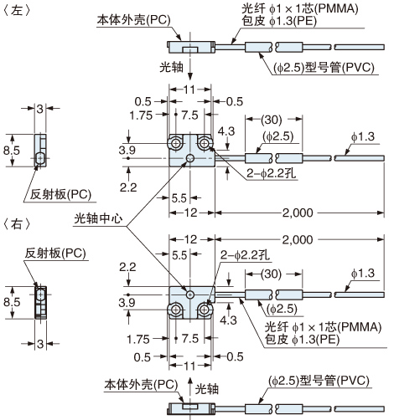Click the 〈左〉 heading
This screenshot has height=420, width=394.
point(16,11)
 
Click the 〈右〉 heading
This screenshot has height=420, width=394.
point(16,224)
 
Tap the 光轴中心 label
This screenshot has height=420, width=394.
point(98,218)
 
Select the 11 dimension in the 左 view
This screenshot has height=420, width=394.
point(189,90)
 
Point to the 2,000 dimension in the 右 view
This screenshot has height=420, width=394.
point(298,239)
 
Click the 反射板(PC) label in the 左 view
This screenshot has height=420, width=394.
point(60,194)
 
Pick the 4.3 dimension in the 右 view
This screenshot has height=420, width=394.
point(228,320)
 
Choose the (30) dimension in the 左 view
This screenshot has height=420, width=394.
point(272,120)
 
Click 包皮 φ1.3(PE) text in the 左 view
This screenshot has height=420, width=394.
point(279,21)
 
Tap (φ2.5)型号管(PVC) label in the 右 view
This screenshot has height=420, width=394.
point(319,381)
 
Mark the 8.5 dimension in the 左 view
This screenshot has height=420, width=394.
point(12,151)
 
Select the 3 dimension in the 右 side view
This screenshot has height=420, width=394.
point(40,344)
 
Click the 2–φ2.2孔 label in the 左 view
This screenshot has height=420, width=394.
point(271,173)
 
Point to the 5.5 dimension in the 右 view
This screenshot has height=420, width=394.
point(179,255)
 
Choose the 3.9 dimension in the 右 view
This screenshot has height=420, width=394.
point(127,303)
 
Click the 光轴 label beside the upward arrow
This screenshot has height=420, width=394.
point(206,389)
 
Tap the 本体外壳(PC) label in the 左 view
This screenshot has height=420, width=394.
point(133,20)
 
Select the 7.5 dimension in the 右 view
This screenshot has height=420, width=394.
point(190,339)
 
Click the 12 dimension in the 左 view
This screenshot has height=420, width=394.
point(191,213)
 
